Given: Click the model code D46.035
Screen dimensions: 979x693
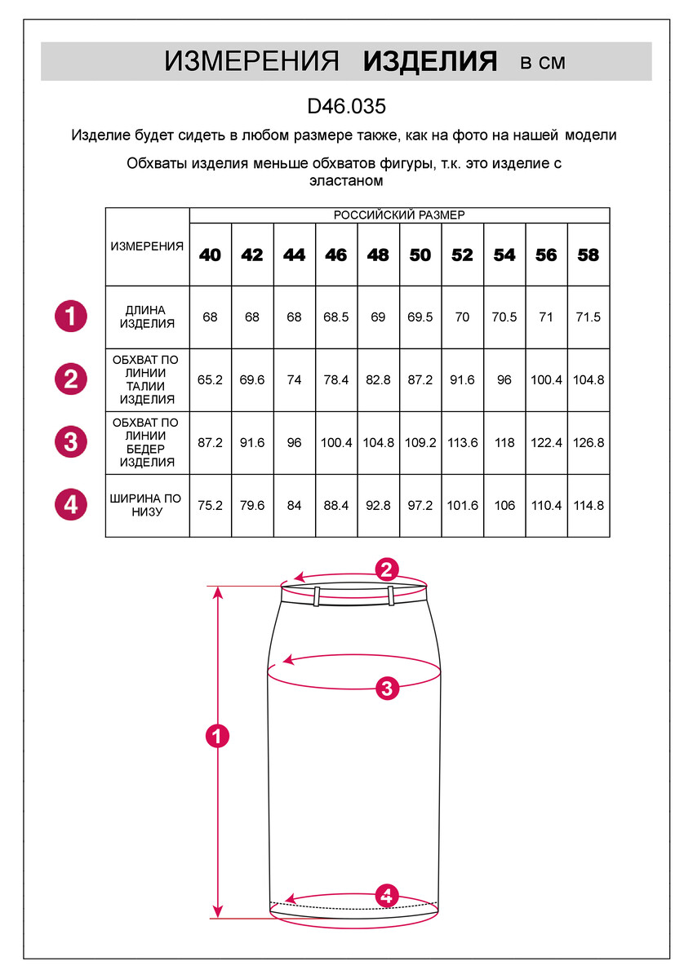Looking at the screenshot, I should [346, 107].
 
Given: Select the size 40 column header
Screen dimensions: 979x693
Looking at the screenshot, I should [211, 255].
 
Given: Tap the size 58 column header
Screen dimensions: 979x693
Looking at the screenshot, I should [589, 255].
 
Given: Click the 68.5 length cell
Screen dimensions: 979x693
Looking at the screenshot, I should [336, 317].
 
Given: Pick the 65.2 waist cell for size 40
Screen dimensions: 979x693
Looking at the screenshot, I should [211, 380].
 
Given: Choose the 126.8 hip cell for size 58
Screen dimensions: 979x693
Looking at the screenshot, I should [589, 443].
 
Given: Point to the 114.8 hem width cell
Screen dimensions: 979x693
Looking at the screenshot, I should [589, 506].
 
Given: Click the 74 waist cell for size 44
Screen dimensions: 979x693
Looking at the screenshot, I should [295, 380].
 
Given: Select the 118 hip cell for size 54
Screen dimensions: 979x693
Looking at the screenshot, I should [504, 443].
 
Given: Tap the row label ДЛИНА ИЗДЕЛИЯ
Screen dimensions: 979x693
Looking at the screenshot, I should [146, 317].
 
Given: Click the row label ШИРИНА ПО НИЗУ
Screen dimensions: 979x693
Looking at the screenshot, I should [146, 506].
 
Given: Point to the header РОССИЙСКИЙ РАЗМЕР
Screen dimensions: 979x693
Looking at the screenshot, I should [399, 215].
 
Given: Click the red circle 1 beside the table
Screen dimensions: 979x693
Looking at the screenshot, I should [71, 317].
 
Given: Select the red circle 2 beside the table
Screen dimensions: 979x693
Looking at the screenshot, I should [71, 379].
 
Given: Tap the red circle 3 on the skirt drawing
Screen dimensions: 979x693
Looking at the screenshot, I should [388, 689].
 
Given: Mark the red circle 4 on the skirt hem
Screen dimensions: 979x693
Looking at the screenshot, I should [388, 895].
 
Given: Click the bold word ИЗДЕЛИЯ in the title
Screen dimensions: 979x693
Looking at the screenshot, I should [430, 62].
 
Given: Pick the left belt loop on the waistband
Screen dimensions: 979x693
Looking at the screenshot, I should [315, 596].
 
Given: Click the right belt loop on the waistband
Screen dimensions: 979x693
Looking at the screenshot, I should [391, 596].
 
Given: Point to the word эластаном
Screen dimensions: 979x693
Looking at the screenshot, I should [346, 181].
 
